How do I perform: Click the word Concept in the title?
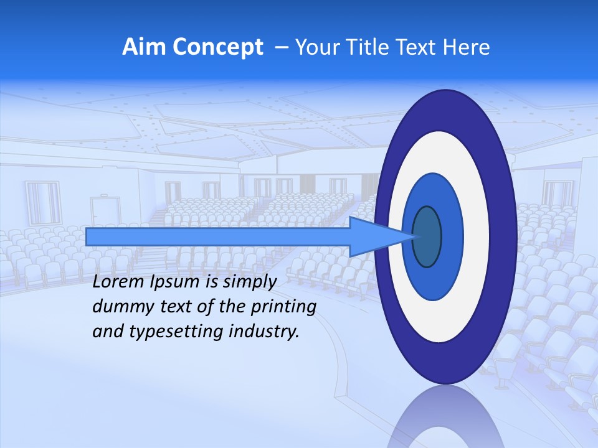[217, 47]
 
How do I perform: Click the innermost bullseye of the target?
[427, 237]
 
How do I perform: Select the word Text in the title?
[417, 47]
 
